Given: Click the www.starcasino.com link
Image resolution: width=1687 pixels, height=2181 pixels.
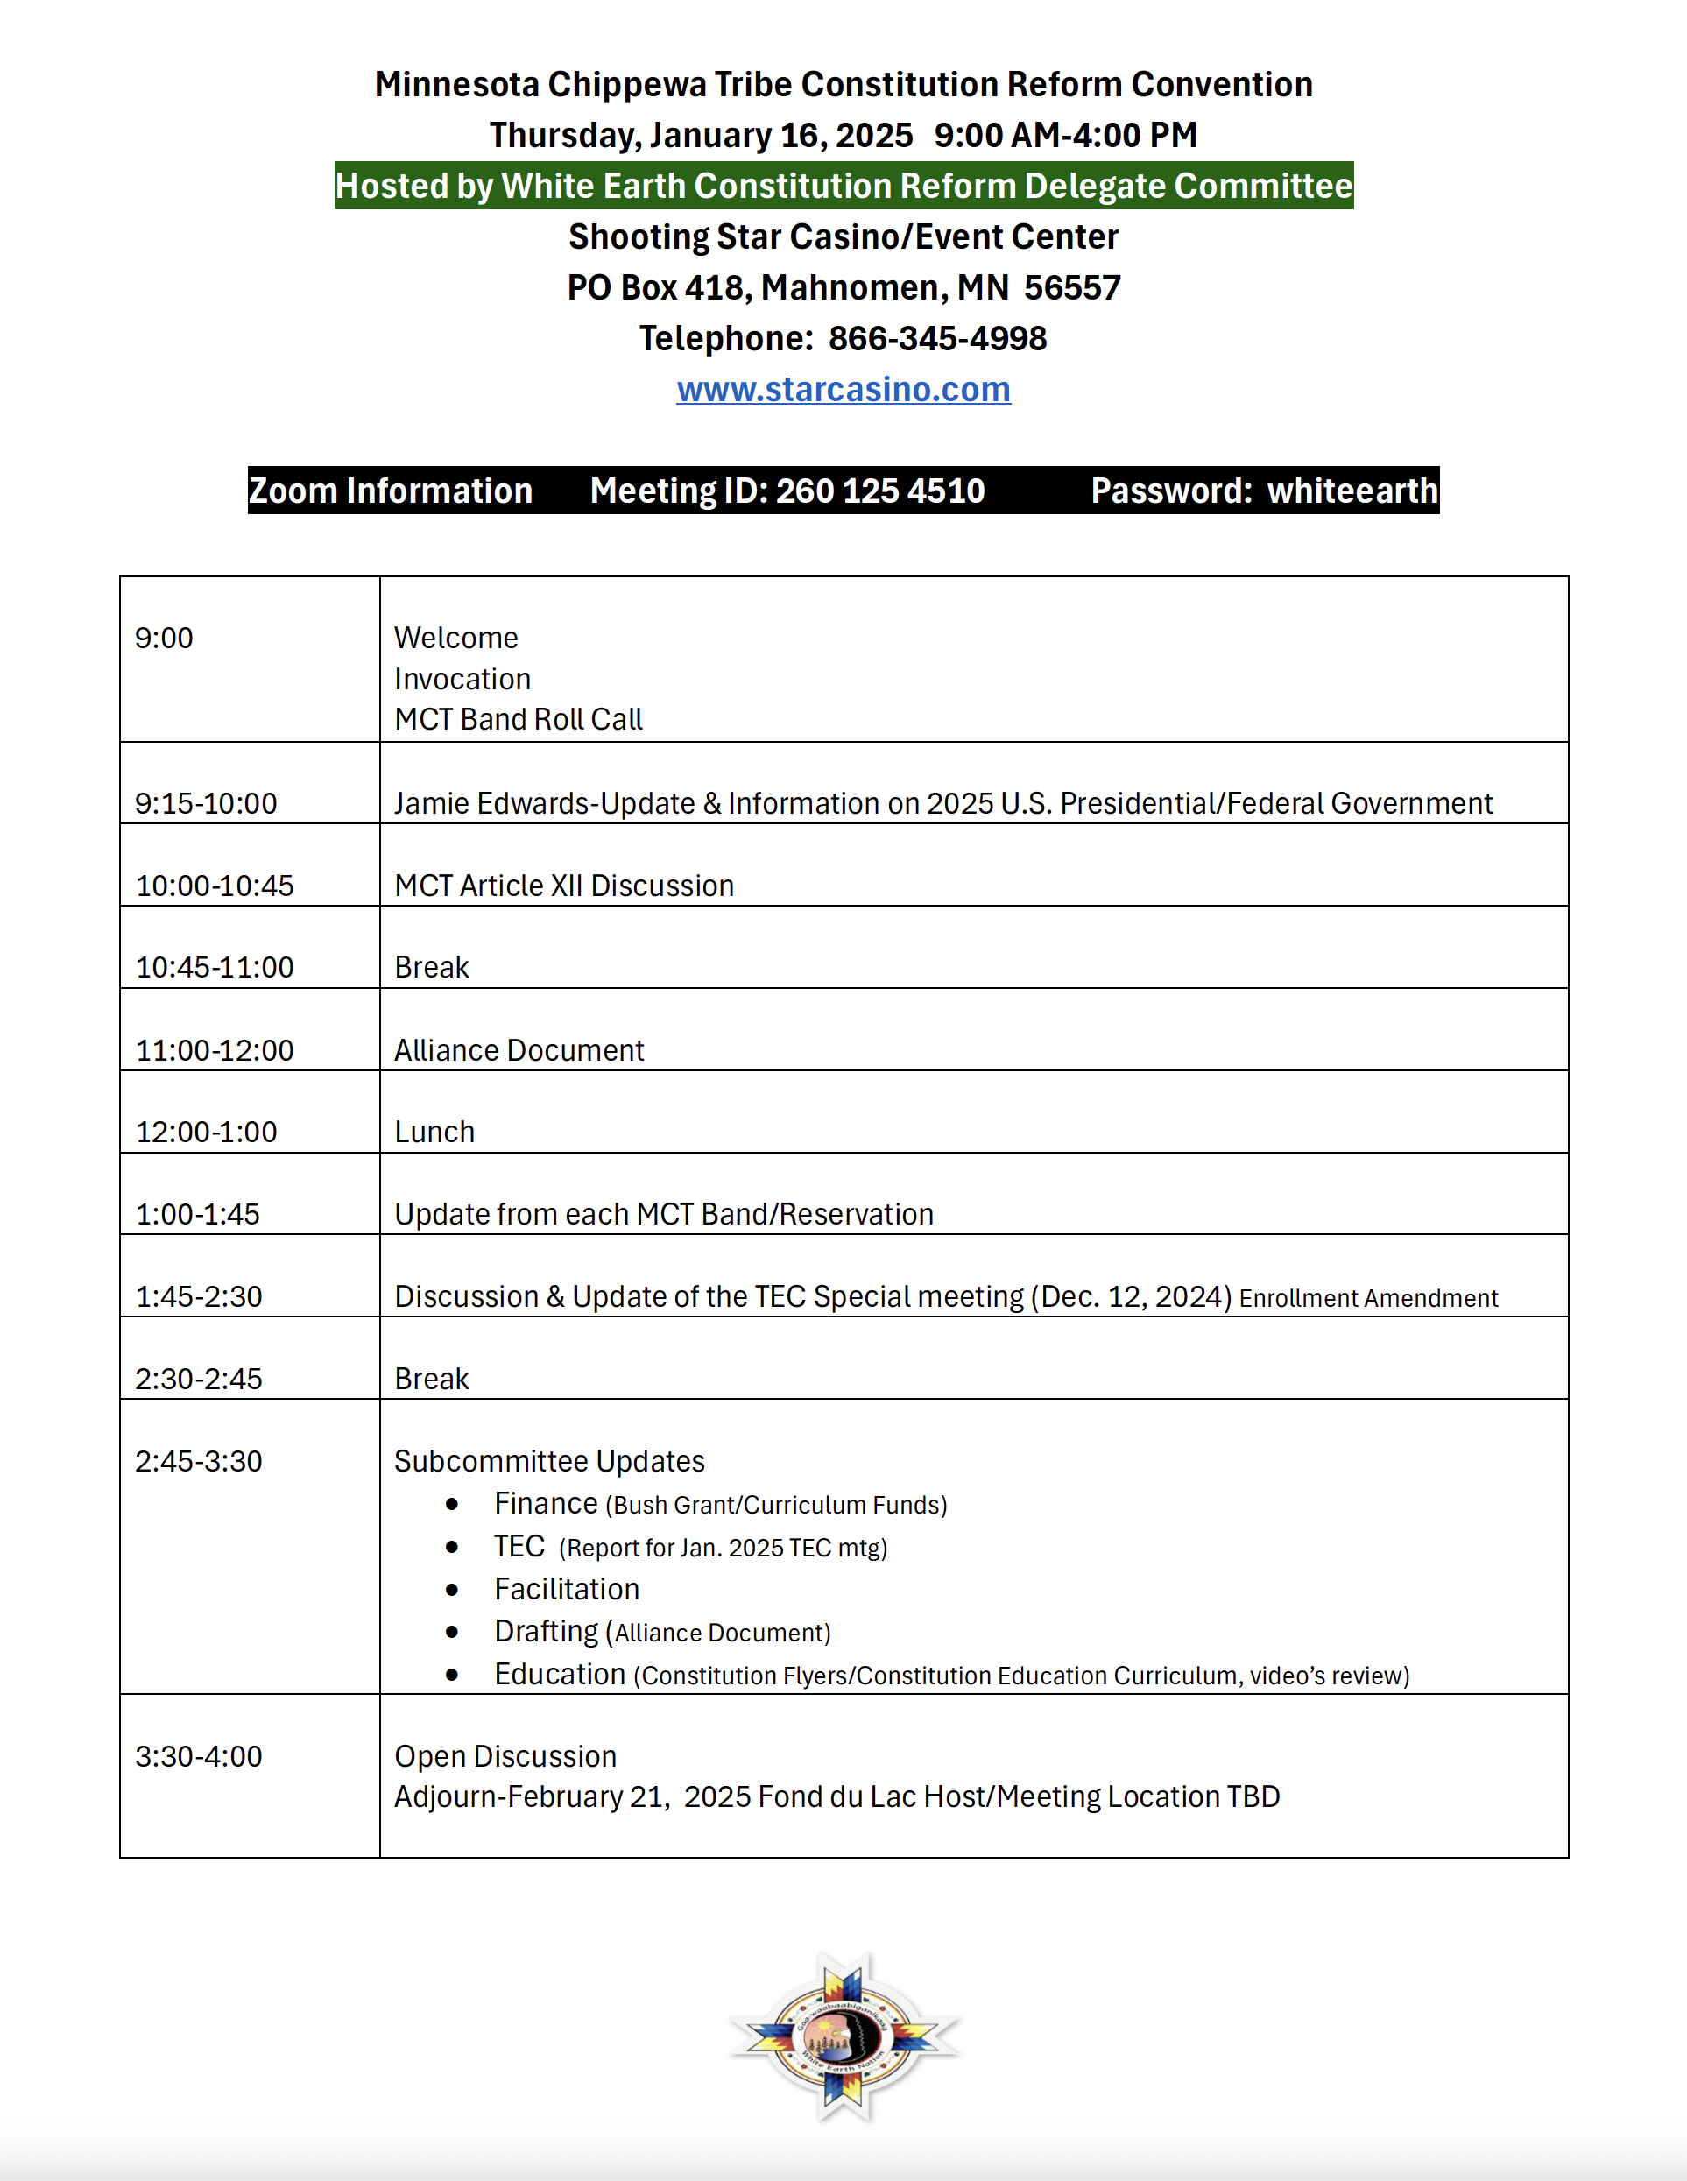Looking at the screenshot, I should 843,390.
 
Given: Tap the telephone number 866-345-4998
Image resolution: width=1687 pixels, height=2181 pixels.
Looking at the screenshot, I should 937,338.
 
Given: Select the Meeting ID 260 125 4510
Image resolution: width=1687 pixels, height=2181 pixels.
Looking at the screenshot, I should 880,491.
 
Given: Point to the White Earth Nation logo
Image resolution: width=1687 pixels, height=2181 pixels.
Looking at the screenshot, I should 844,2036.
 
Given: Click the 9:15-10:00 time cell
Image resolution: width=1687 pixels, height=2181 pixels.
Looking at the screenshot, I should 206,804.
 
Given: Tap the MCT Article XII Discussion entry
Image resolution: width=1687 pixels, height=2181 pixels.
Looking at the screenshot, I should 563,886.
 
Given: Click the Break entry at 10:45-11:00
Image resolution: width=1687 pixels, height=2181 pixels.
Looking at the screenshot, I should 432,968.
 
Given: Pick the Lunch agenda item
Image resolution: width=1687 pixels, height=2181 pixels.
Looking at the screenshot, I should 434,1133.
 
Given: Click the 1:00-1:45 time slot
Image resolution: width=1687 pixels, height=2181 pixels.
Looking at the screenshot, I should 198,1214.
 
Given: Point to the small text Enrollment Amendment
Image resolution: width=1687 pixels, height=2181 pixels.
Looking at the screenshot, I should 1368,1298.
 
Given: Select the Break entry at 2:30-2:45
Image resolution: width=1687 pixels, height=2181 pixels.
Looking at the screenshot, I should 432,1379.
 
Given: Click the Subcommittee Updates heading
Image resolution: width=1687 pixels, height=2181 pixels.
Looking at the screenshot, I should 549,1461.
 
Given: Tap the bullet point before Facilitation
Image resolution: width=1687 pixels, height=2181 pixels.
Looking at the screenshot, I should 453,1590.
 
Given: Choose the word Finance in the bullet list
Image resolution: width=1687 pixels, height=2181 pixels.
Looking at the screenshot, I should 546,1504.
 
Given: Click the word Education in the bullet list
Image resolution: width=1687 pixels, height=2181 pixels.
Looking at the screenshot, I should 560,1675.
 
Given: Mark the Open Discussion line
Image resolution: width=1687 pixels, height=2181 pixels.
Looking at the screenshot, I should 505,1756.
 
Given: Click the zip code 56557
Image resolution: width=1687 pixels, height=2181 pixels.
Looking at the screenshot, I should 1072,287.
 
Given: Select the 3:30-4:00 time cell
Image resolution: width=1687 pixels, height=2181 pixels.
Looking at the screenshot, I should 199,1756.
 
